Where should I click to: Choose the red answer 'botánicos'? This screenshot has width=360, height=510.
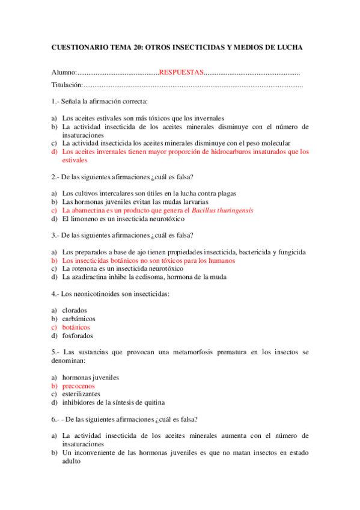point(76,327)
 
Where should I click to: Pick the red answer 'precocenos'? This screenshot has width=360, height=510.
point(79,386)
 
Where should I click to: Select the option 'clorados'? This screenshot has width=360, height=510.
point(75,310)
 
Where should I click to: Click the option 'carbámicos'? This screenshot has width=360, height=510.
point(79,319)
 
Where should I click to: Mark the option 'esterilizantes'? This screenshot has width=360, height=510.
point(82,394)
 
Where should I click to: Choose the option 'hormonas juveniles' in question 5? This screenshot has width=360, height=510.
point(91,377)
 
